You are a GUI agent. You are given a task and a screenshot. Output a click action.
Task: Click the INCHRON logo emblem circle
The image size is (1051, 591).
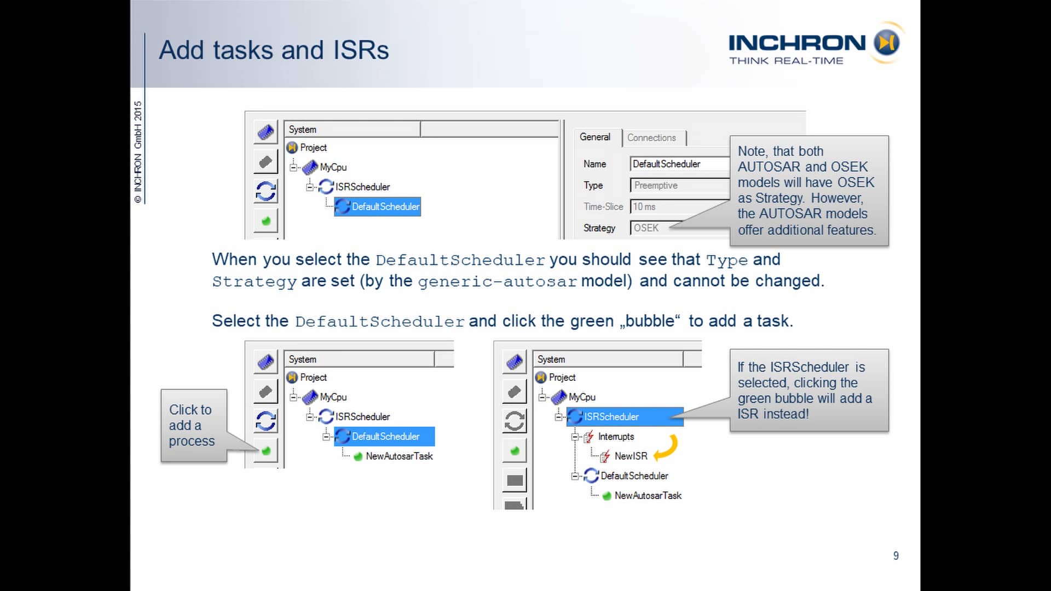[x=886, y=43]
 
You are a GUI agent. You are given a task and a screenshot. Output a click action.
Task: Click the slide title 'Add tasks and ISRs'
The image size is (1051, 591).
[x=274, y=50]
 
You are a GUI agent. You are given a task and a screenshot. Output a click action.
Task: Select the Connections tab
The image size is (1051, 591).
[x=651, y=138]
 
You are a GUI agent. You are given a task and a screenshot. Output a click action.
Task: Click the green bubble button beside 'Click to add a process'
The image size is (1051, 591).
[x=266, y=451]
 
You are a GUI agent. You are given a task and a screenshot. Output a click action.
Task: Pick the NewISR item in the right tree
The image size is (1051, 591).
[x=630, y=456]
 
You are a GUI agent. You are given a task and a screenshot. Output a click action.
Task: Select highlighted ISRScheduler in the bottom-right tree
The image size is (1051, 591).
[x=611, y=417]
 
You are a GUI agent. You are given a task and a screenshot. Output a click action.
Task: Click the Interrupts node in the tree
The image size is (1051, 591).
[x=615, y=437]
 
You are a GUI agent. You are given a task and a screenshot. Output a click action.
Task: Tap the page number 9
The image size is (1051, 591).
[x=896, y=556]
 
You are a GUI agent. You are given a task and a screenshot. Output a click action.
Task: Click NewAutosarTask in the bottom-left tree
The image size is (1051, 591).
[x=399, y=456]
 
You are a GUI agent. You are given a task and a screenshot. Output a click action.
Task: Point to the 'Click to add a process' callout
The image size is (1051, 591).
[x=192, y=425]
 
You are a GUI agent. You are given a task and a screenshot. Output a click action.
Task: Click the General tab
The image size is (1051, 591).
[x=594, y=137]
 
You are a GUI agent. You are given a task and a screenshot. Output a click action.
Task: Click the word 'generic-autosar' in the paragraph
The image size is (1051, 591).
[x=497, y=282]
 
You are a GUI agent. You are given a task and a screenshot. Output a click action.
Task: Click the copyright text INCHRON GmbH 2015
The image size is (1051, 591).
[x=138, y=152]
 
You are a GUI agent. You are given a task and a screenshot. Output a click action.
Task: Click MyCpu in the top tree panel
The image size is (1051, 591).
[x=333, y=167]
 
